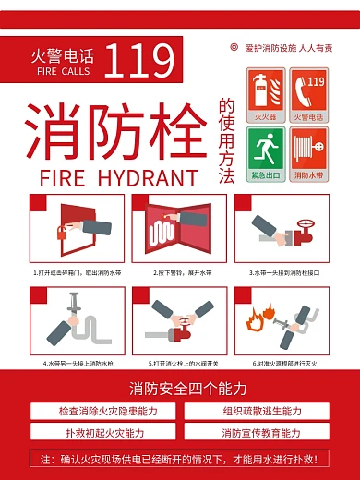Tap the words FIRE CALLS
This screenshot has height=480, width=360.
click(64, 70)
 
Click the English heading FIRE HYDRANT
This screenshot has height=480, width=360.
click(107, 175)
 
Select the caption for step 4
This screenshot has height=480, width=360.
click(78, 363)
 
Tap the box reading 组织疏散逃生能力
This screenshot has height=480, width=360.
click(262, 411)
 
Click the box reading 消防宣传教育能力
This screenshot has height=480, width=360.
click(262, 432)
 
